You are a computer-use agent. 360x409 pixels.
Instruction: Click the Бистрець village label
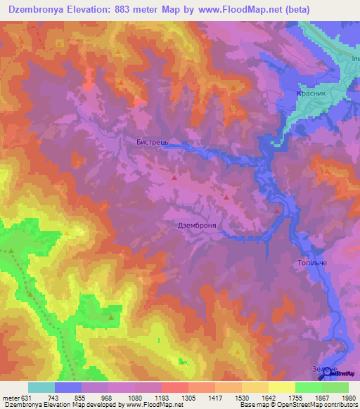[152, 141]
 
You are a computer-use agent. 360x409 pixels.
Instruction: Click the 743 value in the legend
[70, 398]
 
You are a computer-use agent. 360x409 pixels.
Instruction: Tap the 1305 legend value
[188, 398]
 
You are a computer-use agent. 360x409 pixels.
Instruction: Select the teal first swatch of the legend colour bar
[41, 387]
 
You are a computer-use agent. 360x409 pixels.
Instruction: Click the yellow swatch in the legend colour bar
[281, 387]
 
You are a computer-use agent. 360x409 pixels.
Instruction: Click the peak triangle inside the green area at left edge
[11, 249]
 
